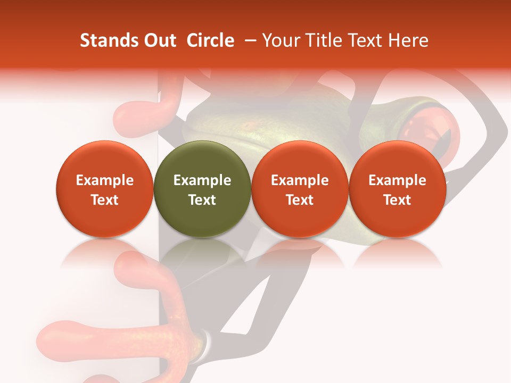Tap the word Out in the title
tap(158, 40)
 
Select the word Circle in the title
tap(210, 40)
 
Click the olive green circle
tap(202, 189)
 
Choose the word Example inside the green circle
tap(202, 180)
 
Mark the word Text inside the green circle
tap(202, 200)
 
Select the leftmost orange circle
tap(104, 189)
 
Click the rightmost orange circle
tap(397, 189)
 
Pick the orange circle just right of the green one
tap(300, 189)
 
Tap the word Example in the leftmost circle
tap(105, 180)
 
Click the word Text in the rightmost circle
tap(397, 200)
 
